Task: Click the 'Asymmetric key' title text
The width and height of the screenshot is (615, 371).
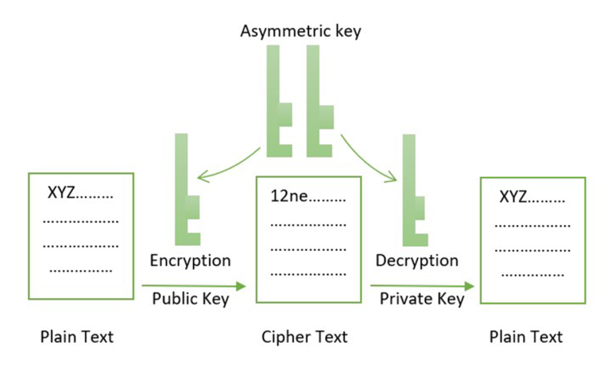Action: [x=300, y=31]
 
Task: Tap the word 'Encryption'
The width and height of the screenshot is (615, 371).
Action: [x=191, y=261]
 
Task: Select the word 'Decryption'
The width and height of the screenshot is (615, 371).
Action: [x=417, y=261]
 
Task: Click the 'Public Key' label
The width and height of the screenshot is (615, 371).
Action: [x=191, y=299]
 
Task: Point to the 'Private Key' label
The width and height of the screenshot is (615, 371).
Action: [x=422, y=299]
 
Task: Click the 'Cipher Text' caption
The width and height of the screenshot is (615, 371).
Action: [x=304, y=337]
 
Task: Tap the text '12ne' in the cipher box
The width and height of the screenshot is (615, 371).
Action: [x=289, y=196]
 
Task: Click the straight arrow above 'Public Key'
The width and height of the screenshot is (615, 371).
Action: [x=194, y=286]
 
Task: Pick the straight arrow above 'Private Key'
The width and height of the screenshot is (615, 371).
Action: [x=422, y=286]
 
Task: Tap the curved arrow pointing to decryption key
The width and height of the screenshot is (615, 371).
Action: [x=366, y=161]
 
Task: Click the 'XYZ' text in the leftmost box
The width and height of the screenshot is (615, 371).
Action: [x=61, y=193]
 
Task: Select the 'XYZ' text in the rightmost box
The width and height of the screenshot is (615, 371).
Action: [x=513, y=196]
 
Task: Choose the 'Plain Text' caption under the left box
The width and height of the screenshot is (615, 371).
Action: [x=77, y=337]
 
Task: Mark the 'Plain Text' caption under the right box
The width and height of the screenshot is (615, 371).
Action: [x=526, y=337]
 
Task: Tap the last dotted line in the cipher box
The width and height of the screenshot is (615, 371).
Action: [x=308, y=274]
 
